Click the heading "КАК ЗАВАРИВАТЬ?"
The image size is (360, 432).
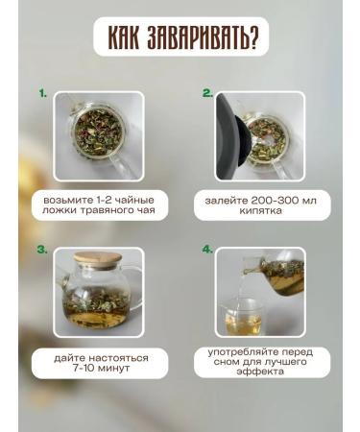(x=180, y=38)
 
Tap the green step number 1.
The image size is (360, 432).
(x=42, y=94)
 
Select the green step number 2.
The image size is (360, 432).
(x=207, y=94)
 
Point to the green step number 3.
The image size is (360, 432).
(x=42, y=249)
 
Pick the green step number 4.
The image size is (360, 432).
(x=207, y=249)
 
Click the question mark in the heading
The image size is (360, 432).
(x=260, y=38)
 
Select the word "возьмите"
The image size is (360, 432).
(x=66, y=198)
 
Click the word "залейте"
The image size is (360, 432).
(x=228, y=198)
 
